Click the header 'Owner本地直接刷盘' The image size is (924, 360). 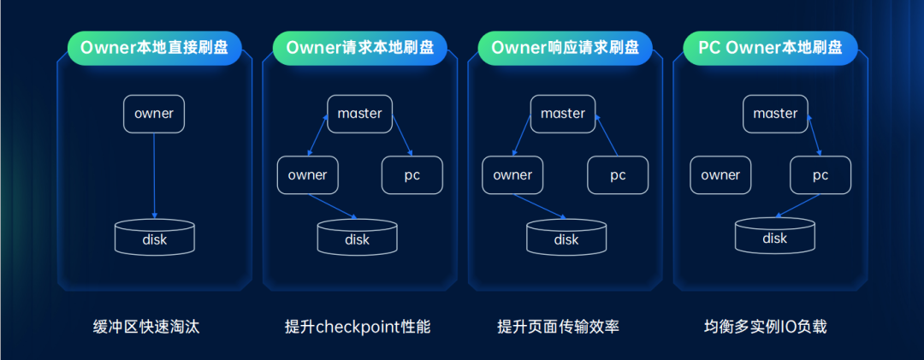coord(154,47)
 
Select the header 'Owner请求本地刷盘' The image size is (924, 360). coord(359,47)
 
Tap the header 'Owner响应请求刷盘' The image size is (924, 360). coord(565,47)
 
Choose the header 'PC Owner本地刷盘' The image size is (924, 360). coord(770,47)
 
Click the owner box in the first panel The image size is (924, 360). coord(154,114)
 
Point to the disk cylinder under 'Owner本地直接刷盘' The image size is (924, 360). coord(154,237)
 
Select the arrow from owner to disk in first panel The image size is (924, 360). coord(154,175)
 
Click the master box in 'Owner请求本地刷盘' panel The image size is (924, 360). coord(359,114)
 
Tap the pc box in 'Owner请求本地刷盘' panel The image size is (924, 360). coord(412,175)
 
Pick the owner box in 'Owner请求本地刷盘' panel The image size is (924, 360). coord(307,175)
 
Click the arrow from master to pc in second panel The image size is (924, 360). coord(401,137)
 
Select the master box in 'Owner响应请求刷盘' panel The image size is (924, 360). coord(563,114)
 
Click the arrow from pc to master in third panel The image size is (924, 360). coord(607,137)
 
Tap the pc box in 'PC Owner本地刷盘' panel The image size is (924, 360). coord(820,175)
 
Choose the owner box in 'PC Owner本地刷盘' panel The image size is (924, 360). coord(720,175)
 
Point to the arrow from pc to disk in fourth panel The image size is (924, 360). coord(796,206)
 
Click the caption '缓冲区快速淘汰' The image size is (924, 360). coord(146,327)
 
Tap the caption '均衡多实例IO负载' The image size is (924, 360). coord(766,327)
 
